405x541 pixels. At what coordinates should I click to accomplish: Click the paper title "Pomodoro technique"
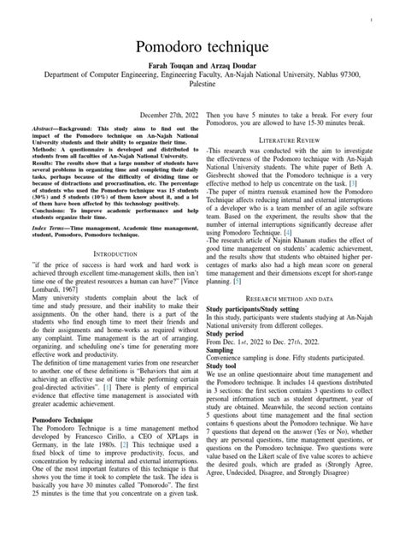coord(202,45)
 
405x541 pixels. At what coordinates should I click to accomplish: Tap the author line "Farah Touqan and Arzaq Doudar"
coord(202,67)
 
